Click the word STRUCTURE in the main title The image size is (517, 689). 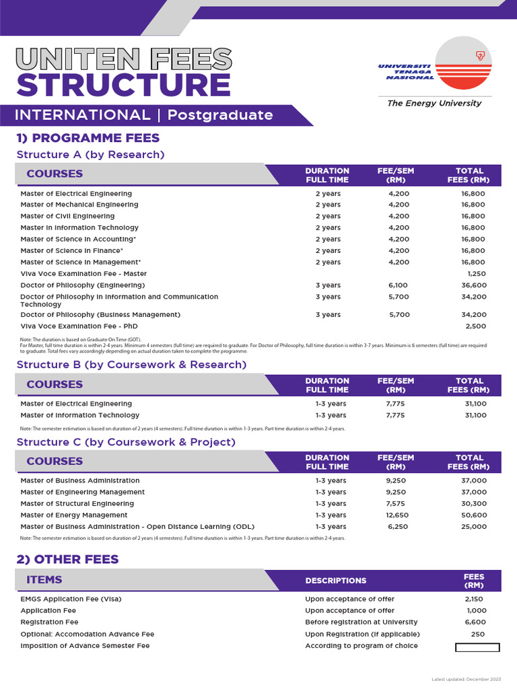click(x=123, y=85)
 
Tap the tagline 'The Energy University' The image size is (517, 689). click(x=434, y=103)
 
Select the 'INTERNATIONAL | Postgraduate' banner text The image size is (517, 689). click(x=143, y=115)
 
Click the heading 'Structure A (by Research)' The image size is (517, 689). click(x=90, y=155)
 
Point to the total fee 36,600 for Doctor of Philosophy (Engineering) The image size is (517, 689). click(x=473, y=285)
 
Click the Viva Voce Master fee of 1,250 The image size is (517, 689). click(x=476, y=274)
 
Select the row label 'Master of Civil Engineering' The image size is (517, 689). click(x=67, y=216)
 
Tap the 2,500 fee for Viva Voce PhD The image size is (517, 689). click(x=475, y=326)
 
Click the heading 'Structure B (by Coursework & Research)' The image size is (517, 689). click(x=131, y=365)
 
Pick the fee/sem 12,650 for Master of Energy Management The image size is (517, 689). click(x=396, y=515)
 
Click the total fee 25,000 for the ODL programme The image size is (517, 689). click(x=473, y=526)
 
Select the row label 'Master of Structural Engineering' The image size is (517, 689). click(x=77, y=503)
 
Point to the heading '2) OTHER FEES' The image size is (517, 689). click(x=67, y=559)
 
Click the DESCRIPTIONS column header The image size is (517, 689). click(x=336, y=581)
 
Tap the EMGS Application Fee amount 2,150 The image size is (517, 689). click(x=474, y=599)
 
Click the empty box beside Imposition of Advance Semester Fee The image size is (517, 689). click(x=477, y=647)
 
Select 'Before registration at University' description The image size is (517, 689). click(x=361, y=622)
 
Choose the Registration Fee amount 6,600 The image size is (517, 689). click(x=475, y=622)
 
